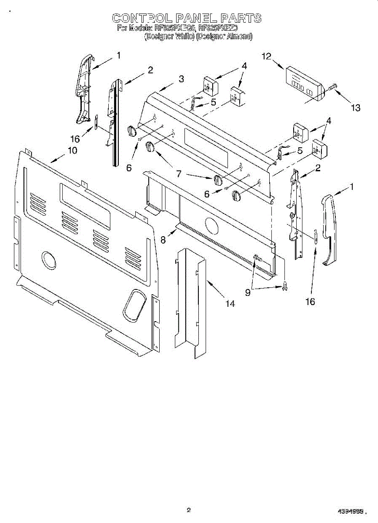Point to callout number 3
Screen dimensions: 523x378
point(181,79)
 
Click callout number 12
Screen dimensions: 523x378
point(267,56)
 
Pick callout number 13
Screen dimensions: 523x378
point(356,108)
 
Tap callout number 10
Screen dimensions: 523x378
point(72,150)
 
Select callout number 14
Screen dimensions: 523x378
point(230,304)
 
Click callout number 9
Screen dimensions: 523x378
point(248,293)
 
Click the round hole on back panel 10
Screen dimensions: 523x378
point(49,260)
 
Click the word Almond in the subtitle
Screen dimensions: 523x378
point(239,37)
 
